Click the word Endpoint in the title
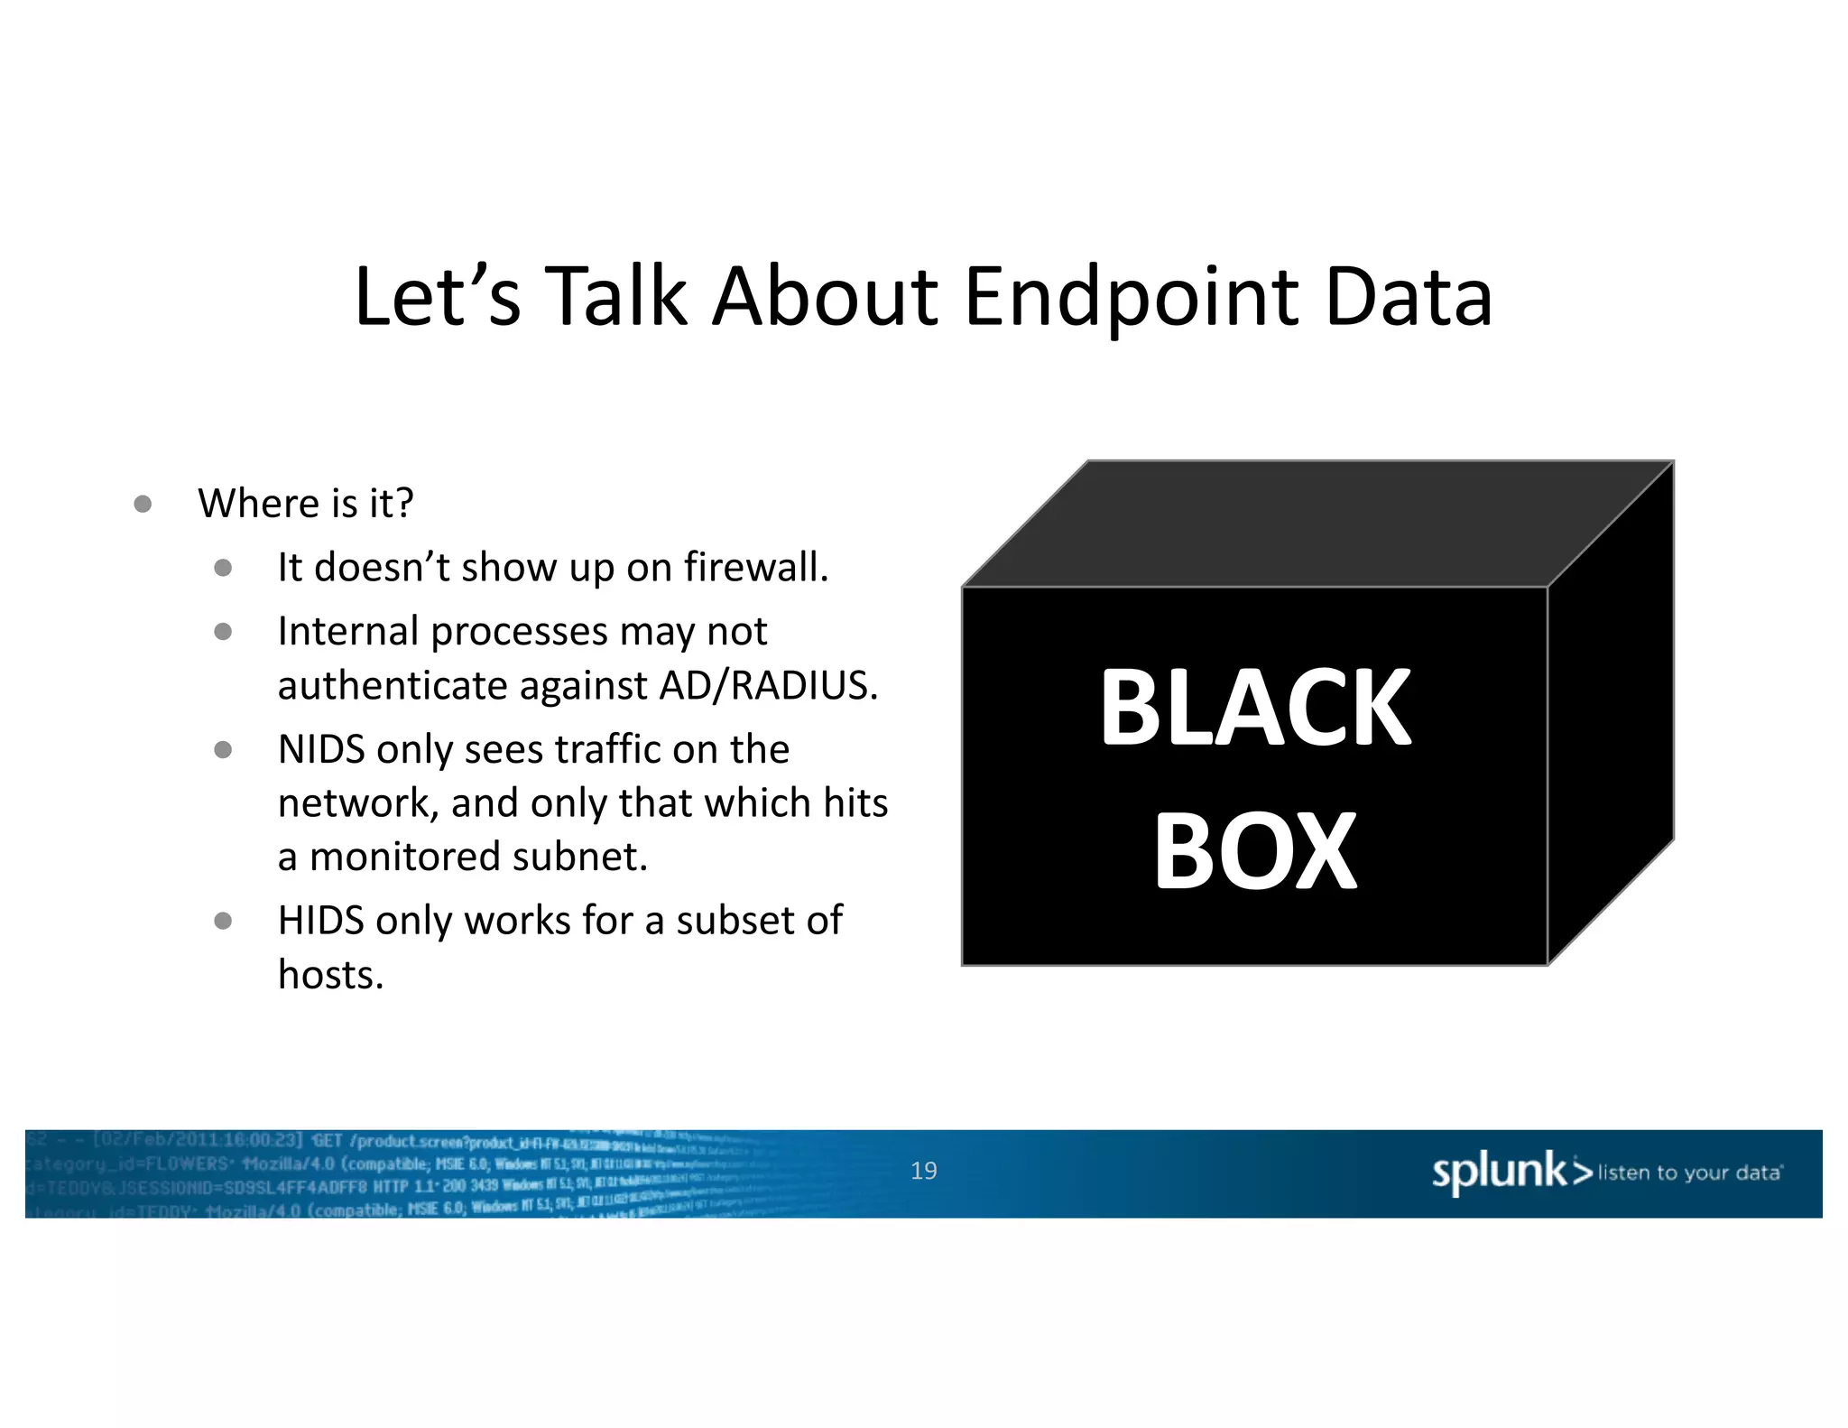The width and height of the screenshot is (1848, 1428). pos(1132,298)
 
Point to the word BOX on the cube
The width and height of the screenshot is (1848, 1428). pos(1255,850)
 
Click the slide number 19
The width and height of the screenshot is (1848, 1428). pos(923,1171)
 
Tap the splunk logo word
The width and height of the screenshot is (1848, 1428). pos(1500,1171)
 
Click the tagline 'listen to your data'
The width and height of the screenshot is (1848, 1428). pos(1689,1173)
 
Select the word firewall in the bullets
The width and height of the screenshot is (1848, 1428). pos(754,567)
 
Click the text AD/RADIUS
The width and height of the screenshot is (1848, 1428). pos(768,685)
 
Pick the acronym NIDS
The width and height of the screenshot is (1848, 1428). pos(321,749)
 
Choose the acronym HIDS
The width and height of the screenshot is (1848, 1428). pos(321,921)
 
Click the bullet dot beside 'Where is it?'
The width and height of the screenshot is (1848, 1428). pos(143,504)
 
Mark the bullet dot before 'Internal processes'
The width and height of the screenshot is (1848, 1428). pos(223,632)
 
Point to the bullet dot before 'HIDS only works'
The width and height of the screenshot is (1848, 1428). pos(223,921)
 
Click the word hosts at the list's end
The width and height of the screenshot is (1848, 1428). pos(330,975)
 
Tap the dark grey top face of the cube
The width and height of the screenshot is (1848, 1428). pos(1317,524)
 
